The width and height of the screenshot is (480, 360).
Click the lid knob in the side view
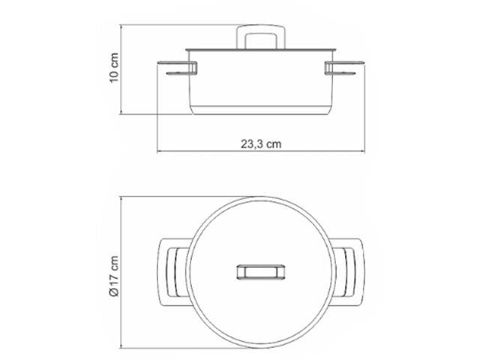259,37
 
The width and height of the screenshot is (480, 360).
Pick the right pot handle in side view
342,70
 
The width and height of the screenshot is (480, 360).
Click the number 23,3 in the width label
252,145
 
